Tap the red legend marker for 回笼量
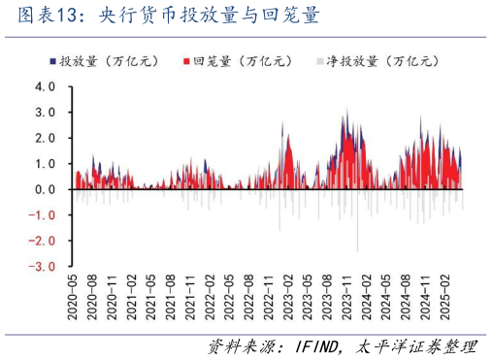pos(185,61)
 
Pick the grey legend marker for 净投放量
pos(320,61)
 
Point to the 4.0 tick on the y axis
pos(46,87)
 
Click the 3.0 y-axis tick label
pos(46,113)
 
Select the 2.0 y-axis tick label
pos(46,138)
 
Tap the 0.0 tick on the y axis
pos(46,189)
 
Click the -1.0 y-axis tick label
pos(44,214)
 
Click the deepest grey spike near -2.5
pos(356,249)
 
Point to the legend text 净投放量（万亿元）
pos(384,61)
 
